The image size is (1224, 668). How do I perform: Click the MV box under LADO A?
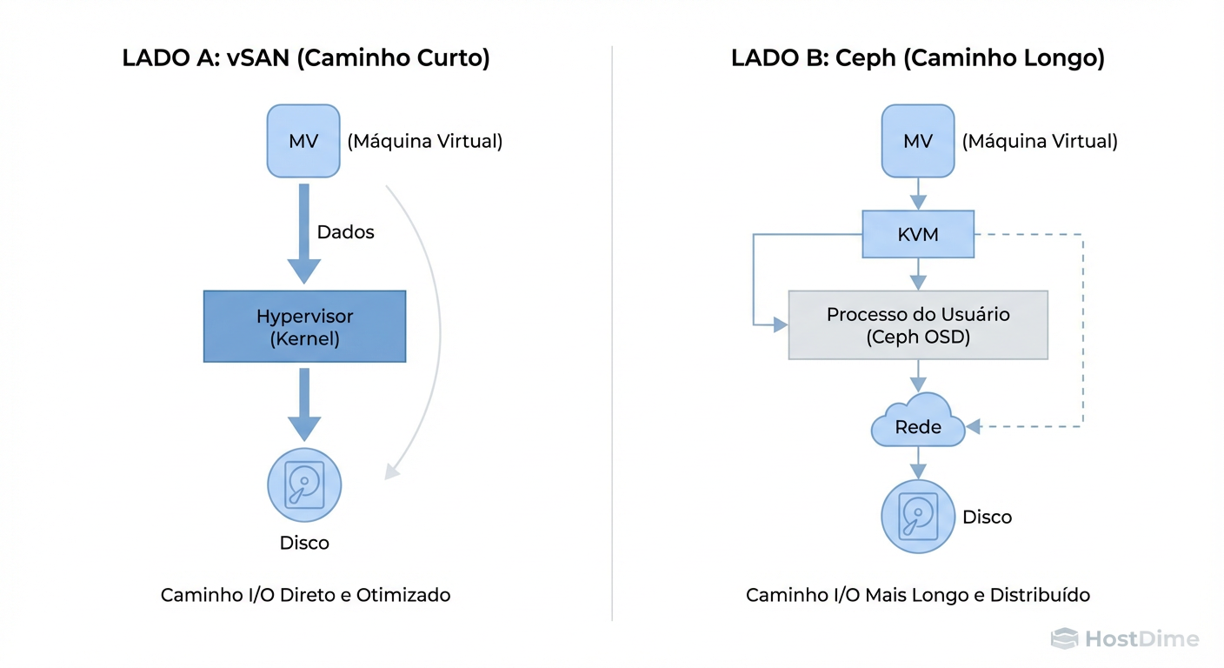point(303,141)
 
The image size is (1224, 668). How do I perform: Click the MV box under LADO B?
point(918,141)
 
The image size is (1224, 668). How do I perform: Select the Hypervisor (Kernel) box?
point(304,326)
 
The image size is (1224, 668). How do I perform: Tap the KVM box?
point(918,234)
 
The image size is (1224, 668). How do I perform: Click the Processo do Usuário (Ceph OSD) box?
point(918,325)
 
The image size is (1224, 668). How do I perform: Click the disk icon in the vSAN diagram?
point(304,485)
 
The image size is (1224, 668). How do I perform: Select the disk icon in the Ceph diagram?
point(918,517)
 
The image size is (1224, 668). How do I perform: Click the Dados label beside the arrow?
point(345,232)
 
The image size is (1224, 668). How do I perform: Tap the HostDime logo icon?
point(1064,639)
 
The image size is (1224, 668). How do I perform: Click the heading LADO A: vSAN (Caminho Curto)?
point(306,58)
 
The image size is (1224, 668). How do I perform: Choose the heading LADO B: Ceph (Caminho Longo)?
point(918,58)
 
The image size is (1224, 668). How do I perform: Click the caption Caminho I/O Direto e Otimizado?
point(306,595)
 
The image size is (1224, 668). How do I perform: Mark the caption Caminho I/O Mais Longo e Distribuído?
point(918,595)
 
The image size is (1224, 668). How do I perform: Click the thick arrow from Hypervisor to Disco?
point(304,404)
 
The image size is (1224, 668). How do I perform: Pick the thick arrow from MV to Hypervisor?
point(304,233)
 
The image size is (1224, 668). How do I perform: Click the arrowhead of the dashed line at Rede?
point(974,426)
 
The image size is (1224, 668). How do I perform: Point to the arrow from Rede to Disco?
point(918,462)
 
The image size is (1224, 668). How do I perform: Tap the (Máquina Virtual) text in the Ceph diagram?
point(1040,141)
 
